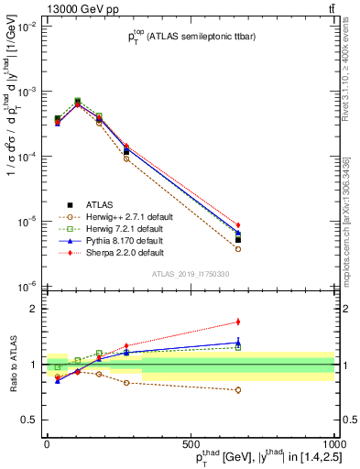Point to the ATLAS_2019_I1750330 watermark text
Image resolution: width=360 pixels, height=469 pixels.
[190, 274]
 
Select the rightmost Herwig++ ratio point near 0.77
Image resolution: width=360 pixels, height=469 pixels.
[237, 389]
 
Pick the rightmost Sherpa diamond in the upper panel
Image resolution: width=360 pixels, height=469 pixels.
[237, 225]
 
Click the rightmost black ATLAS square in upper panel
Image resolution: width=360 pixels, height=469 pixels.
[237, 240]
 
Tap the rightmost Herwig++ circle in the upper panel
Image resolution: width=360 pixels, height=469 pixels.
[237, 248]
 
